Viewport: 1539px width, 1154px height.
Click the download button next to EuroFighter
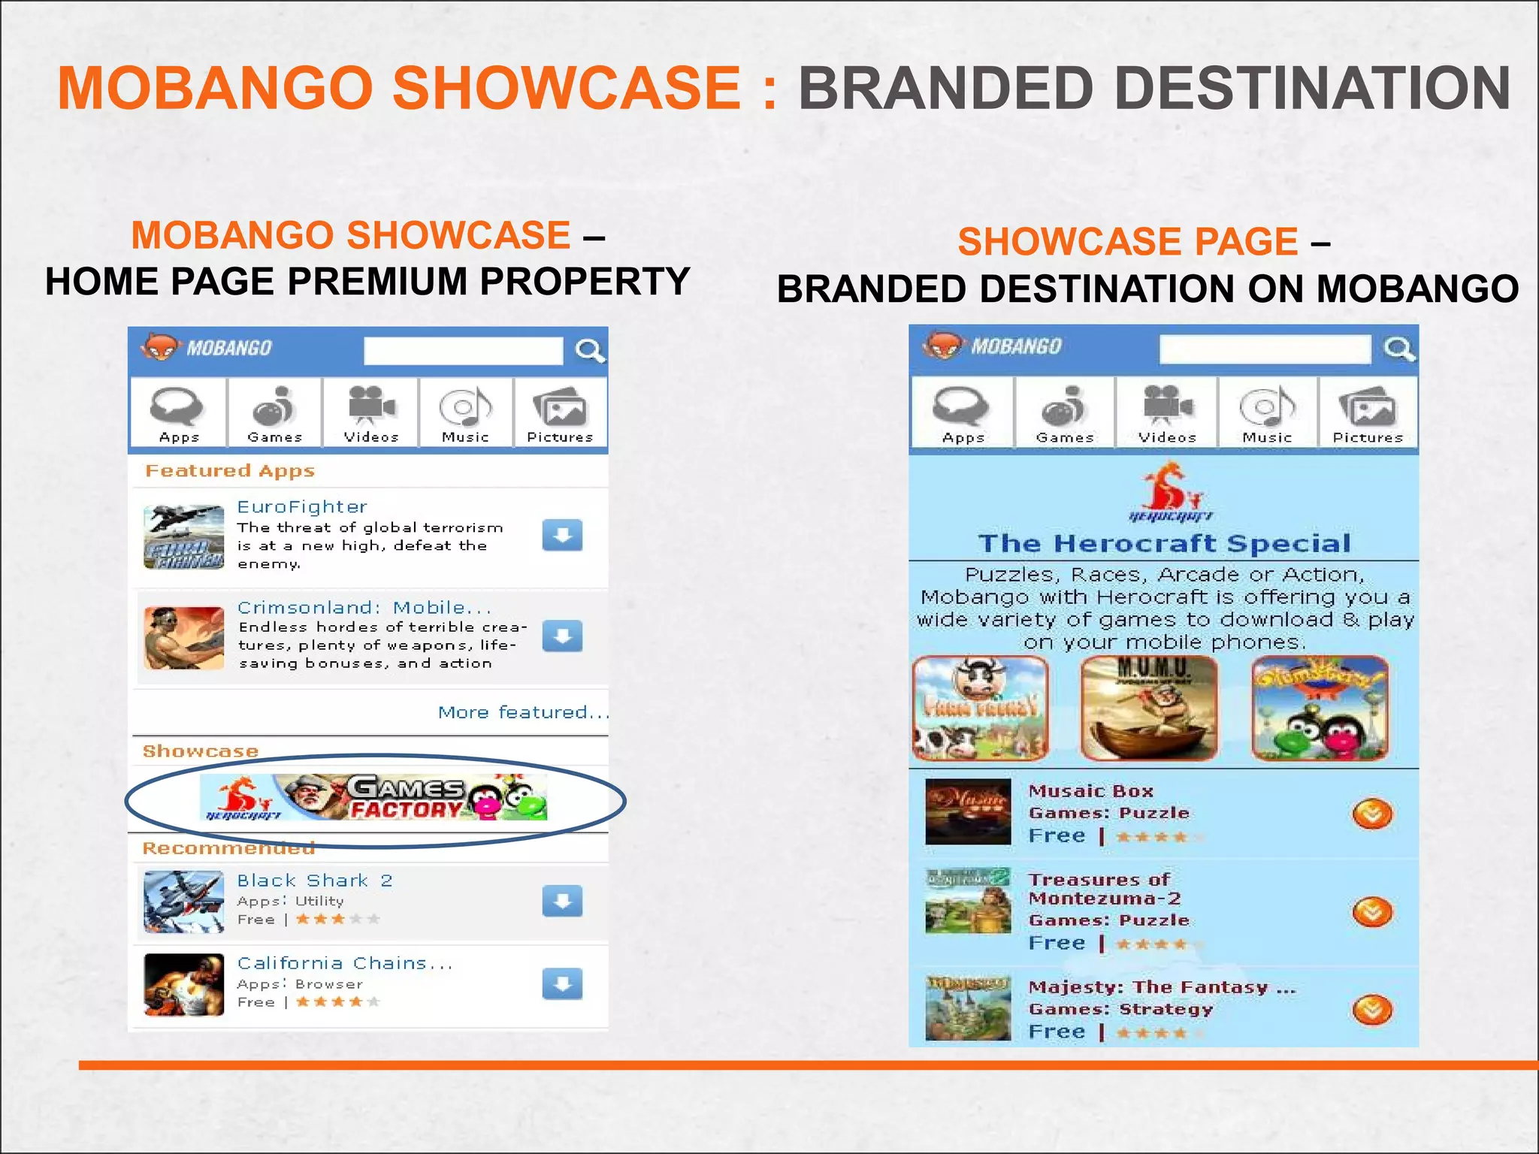[562, 535]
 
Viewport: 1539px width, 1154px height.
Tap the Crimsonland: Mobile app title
[364, 607]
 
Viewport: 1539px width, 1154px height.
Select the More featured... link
[522, 712]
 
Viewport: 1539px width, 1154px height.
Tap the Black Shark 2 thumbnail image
[183, 902]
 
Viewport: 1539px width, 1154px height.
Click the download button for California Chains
[562, 983]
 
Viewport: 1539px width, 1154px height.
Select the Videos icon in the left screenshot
[371, 413]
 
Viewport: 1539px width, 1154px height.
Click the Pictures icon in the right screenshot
[1368, 413]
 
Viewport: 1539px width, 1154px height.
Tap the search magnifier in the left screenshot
[590, 350]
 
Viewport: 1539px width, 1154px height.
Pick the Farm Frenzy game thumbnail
[980, 708]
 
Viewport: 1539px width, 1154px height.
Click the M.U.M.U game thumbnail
[1150, 708]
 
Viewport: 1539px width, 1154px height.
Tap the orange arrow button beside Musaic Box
[1372, 814]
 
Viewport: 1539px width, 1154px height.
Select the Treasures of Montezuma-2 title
[1104, 889]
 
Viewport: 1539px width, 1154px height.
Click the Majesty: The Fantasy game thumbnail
[967, 1007]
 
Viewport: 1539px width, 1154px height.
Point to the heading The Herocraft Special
[1164, 543]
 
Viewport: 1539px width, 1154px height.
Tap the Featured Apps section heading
[230, 471]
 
